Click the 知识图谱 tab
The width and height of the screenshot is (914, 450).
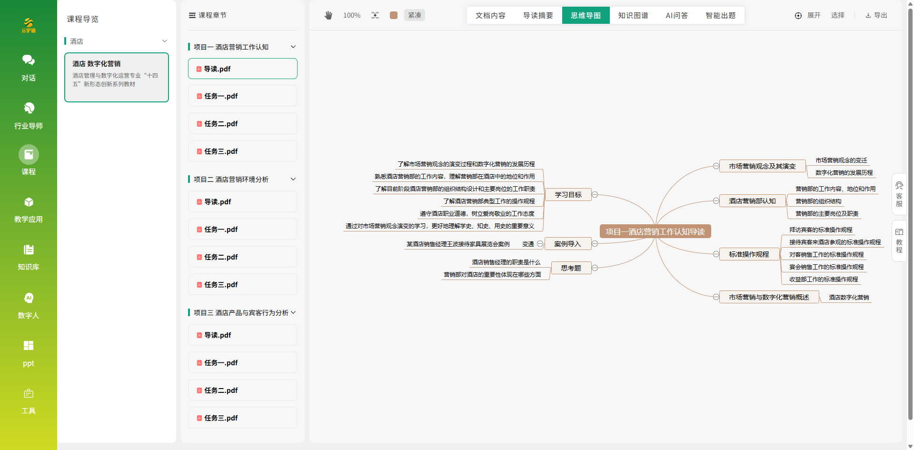[633, 15]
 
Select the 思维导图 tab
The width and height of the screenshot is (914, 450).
[586, 15]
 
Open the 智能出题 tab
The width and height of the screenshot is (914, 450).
[720, 15]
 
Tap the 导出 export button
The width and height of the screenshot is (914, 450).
[876, 15]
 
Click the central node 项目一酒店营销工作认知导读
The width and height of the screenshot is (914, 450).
[655, 231]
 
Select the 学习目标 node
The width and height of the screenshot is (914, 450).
[568, 195]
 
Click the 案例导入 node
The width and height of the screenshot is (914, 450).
[567, 244]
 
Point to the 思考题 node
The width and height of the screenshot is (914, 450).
[571, 268]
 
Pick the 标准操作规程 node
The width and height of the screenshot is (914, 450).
[749, 254]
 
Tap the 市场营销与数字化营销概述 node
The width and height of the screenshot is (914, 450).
[769, 297]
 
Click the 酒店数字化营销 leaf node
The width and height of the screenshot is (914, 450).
[849, 298]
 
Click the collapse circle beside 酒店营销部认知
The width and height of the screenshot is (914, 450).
[716, 201]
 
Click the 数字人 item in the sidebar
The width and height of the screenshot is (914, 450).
[29, 306]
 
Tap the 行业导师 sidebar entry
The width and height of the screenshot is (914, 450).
[29, 116]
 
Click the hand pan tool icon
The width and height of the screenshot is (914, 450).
[328, 15]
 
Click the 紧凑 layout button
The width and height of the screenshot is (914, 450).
[415, 15]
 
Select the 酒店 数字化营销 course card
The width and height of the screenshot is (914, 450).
[117, 77]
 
